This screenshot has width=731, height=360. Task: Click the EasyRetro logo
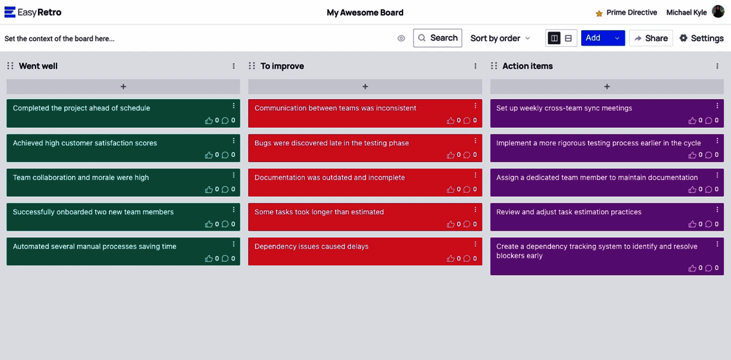coord(33,13)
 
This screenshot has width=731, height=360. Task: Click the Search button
coord(437,38)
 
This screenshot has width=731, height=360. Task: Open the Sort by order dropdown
coord(500,38)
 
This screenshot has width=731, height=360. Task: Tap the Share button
coord(651,38)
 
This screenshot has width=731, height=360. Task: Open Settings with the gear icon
coord(683,38)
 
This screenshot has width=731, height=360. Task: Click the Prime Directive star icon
coord(599,13)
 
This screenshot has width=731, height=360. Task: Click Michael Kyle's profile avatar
coord(718,12)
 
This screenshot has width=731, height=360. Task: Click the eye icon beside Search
coord(401,38)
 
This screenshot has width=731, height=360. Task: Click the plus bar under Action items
coord(607,87)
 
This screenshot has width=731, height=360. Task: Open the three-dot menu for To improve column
coord(476,66)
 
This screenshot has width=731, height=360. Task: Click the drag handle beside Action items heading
coord(494,66)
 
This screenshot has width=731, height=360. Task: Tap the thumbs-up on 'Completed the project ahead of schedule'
coord(209,120)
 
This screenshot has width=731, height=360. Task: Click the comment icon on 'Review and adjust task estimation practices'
coord(708,224)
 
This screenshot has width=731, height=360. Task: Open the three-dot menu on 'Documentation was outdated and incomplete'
coord(476,175)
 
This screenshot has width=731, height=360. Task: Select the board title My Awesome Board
coord(365,13)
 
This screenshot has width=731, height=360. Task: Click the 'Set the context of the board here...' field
coord(60,39)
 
